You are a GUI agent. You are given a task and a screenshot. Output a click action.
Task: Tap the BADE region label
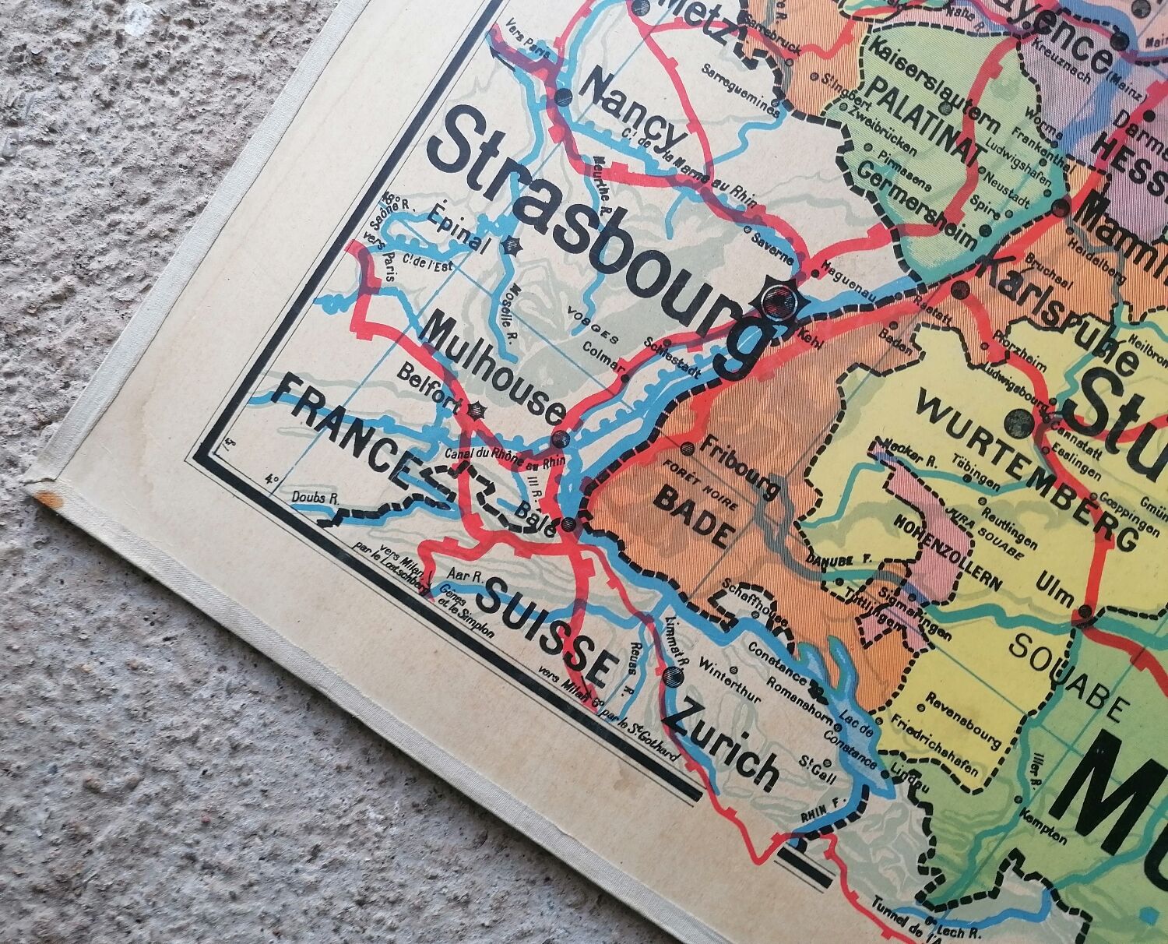pos(693,518)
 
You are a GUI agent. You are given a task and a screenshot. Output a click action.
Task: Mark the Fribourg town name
pos(740,467)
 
